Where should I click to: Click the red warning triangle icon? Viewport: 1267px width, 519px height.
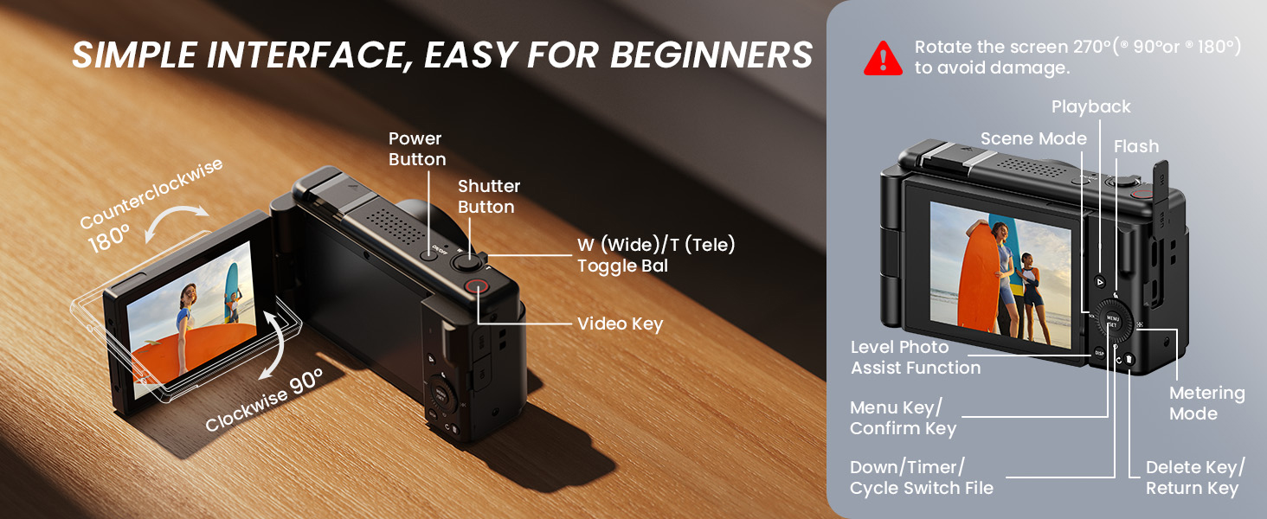coord(883,58)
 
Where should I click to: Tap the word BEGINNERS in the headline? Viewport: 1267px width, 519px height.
coord(711,54)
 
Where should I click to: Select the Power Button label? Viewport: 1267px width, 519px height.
coord(417,149)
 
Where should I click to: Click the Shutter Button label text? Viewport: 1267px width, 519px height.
coord(488,196)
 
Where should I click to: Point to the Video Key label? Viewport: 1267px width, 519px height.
coord(620,324)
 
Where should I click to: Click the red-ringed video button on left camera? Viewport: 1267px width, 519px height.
coord(477,286)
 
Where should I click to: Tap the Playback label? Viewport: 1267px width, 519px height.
coord(1090,107)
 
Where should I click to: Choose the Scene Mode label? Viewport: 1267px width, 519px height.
coord(1033,138)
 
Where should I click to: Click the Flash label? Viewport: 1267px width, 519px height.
coord(1135,146)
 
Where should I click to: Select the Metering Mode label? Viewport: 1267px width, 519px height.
coord(1206,403)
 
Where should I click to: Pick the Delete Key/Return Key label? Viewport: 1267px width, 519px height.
coord(1194,477)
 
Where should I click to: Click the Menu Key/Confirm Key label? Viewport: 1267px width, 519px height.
coord(903,418)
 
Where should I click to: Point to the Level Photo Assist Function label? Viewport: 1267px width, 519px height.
coord(915,357)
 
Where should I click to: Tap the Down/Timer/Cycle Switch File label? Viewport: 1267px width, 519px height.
coord(921,477)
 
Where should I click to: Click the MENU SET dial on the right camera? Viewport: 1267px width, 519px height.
coord(1113,321)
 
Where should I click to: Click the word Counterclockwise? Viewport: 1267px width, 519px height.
coord(151,194)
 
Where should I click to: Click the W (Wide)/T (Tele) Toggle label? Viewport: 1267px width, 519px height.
coord(655,255)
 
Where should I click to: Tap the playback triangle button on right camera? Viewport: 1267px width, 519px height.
coord(1100,281)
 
